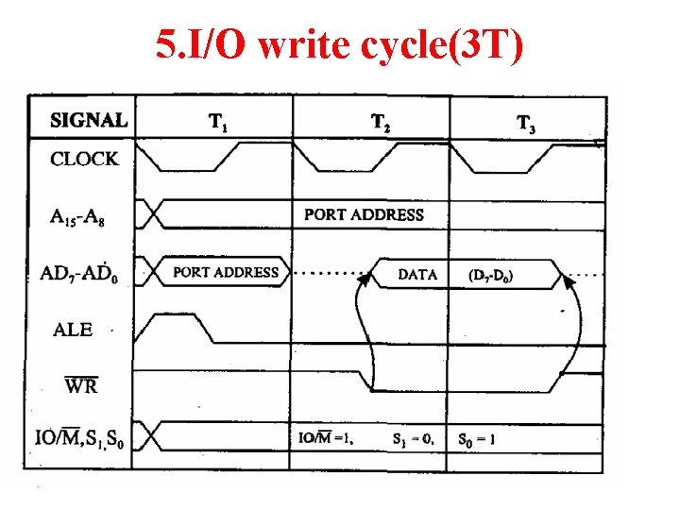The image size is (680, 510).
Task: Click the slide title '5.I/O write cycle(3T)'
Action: click(x=339, y=45)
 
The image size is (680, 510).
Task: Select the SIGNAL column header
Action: click(x=89, y=120)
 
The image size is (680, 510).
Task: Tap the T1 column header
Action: click(x=216, y=122)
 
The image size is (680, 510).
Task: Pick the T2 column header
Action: click(x=380, y=122)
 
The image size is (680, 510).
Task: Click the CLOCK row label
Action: click(x=84, y=159)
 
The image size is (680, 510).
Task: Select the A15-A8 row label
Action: click(x=79, y=216)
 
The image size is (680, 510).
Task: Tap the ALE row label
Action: click(x=73, y=330)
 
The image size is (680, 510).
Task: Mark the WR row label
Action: click(x=80, y=385)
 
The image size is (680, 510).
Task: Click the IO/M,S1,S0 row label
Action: click(x=86, y=439)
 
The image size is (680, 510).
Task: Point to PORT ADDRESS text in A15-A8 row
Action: click(x=364, y=214)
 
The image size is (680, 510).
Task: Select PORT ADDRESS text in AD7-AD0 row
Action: click(x=226, y=272)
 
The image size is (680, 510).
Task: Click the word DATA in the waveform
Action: click(x=417, y=275)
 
